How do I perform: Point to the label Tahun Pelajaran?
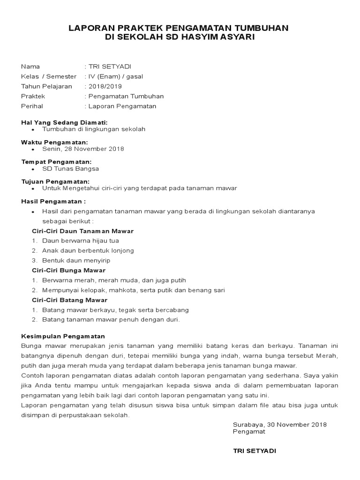point(46,86)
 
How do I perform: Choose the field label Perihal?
point(32,106)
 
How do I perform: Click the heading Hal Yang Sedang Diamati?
point(64,122)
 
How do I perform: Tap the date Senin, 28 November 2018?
point(83,149)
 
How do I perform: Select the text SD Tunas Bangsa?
point(70,169)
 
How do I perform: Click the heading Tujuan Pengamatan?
point(55,181)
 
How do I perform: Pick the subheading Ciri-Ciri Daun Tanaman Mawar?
point(82,231)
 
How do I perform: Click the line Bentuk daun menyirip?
point(76,260)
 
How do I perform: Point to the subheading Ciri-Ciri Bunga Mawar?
point(68,270)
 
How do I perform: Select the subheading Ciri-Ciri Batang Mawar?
point(69,300)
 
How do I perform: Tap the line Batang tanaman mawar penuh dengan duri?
point(111,320)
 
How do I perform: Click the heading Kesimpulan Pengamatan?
point(63,337)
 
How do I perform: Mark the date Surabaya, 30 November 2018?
point(279,425)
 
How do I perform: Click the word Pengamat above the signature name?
point(249,432)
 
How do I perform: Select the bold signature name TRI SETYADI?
point(255,451)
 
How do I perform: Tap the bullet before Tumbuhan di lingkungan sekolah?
point(32,129)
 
